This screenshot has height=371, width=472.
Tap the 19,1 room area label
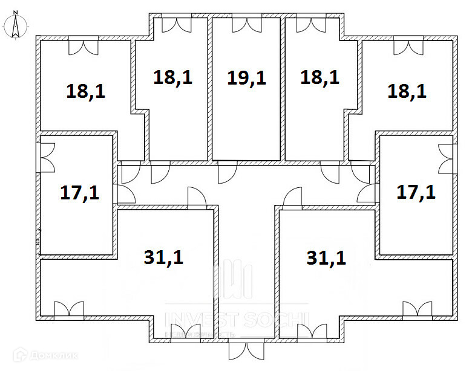pyautogui.click(x=246, y=78)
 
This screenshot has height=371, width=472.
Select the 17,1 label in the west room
pyautogui.click(x=79, y=193)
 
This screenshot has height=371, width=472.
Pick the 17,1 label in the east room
pyautogui.click(x=416, y=192)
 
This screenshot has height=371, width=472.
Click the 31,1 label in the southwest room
pyautogui.click(x=164, y=257)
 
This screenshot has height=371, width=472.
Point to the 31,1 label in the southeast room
pyautogui.click(x=326, y=258)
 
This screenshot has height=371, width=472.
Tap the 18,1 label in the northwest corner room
pyautogui.click(x=85, y=91)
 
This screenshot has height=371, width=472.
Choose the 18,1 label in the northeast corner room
pyautogui.click(x=407, y=91)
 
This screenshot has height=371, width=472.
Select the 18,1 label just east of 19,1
pyautogui.click(x=320, y=77)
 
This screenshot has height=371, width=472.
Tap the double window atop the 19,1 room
pyautogui.click(x=247, y=25)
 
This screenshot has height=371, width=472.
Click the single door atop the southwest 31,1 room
pyautogui.click(x=197, y=198)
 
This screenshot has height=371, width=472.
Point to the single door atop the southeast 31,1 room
pyautogui.click(x=292, y=198)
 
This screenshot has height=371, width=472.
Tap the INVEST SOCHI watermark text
pyautogui.click(x=238, y=318)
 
